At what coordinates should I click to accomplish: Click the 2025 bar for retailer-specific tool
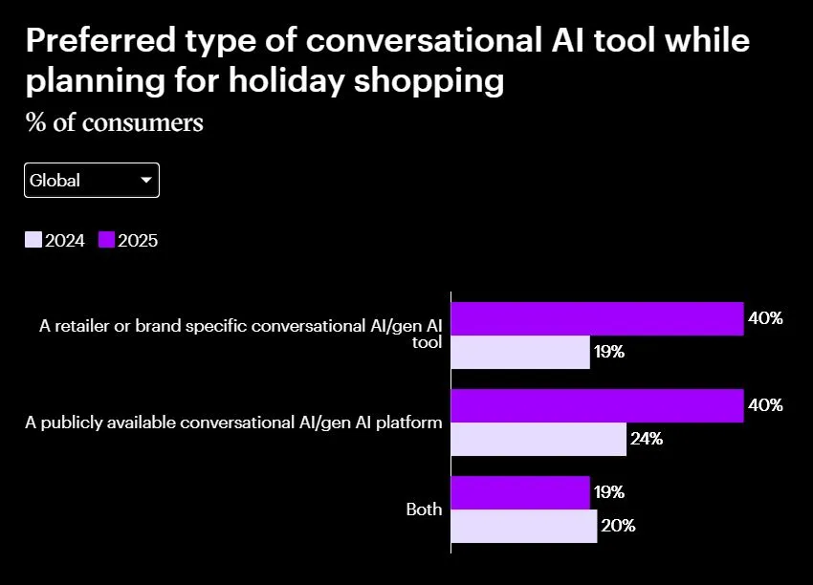(x=597, y=319)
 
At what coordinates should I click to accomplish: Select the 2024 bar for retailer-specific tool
(x=519, y=352)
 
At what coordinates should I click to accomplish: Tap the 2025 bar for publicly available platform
(x=597, y=406)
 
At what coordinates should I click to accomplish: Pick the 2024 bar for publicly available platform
(x=538, y=439)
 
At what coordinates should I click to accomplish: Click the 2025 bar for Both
(x=519, y=493)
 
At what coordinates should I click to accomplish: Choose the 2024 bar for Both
(x=523, y=526)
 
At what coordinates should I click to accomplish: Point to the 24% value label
(x=647, y=440)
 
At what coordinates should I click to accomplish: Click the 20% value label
(x=617, y=526)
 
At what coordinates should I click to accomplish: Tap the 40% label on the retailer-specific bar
(x=765, y=318)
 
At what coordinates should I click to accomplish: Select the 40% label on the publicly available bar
(x=765, y=405)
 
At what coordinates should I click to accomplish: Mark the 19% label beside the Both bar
(x=609, y=492)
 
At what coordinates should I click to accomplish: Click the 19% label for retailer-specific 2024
(x=609, y=352)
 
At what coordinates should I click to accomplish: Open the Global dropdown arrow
(x=146, y=180)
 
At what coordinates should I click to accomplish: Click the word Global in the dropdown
(x=55, y=180)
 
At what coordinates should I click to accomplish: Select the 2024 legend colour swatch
(x=33, y=241)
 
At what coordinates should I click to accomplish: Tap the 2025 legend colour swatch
(x=106, y=241)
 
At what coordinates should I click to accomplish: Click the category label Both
(x=424, y=509)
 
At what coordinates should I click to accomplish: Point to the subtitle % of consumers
(x=114, y=123)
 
